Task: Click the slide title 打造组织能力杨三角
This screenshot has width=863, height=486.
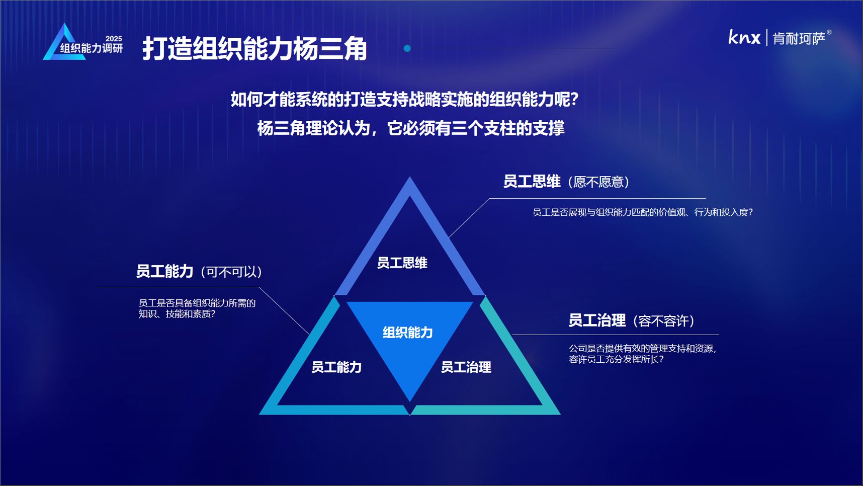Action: [x=254, y=49]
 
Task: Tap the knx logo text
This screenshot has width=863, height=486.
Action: [x=744, y=37]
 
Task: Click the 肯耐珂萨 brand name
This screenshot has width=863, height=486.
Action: [x=799, y=39]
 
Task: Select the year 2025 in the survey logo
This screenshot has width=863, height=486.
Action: [x=114, y=39]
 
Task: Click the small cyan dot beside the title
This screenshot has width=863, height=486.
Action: [x=407, y=48]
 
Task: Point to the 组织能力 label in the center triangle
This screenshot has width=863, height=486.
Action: [x=407, y=333]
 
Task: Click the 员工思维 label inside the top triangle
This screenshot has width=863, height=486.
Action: [x=402, y=263]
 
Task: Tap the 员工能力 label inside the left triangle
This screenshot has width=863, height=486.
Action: [x=336, y=367]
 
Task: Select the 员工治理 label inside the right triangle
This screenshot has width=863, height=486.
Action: [x=466, y=367]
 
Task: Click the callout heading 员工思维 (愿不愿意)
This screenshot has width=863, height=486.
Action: [x=566, y=182]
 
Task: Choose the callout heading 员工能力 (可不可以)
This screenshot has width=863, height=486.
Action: [x=199, y=272]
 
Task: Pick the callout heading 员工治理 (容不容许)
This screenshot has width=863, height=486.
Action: [x=632, y=320]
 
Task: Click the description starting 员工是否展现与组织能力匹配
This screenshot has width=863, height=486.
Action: [x=643, y=212]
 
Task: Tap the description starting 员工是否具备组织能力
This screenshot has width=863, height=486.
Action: [x=197, y=308]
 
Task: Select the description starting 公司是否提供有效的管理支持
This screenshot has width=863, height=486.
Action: [x=643, y=354]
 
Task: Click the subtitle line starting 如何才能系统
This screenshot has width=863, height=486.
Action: [x=405, y=100]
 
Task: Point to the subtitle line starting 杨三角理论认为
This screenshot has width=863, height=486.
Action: [x=411, y=128]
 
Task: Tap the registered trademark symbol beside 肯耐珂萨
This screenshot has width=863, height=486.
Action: [x=829, y=33]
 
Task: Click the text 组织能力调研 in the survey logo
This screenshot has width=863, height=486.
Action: [x=92, y=48]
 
